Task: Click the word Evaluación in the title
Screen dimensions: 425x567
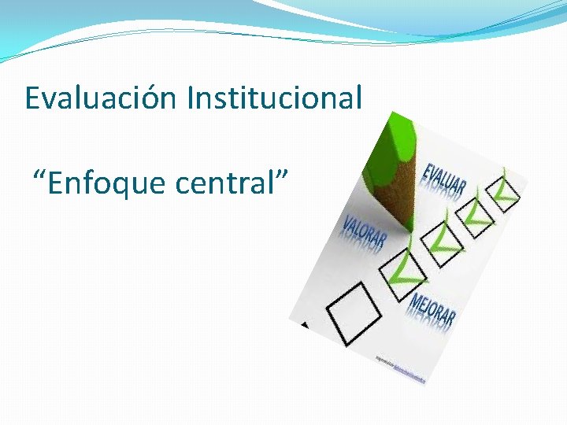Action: coord(102,99)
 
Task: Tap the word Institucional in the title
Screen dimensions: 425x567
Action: coord(275,99)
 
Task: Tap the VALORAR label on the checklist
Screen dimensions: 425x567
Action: coord(363,232)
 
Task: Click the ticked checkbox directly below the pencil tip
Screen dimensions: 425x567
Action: coord(403,268)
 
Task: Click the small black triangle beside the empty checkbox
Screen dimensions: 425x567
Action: coord(304,324)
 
